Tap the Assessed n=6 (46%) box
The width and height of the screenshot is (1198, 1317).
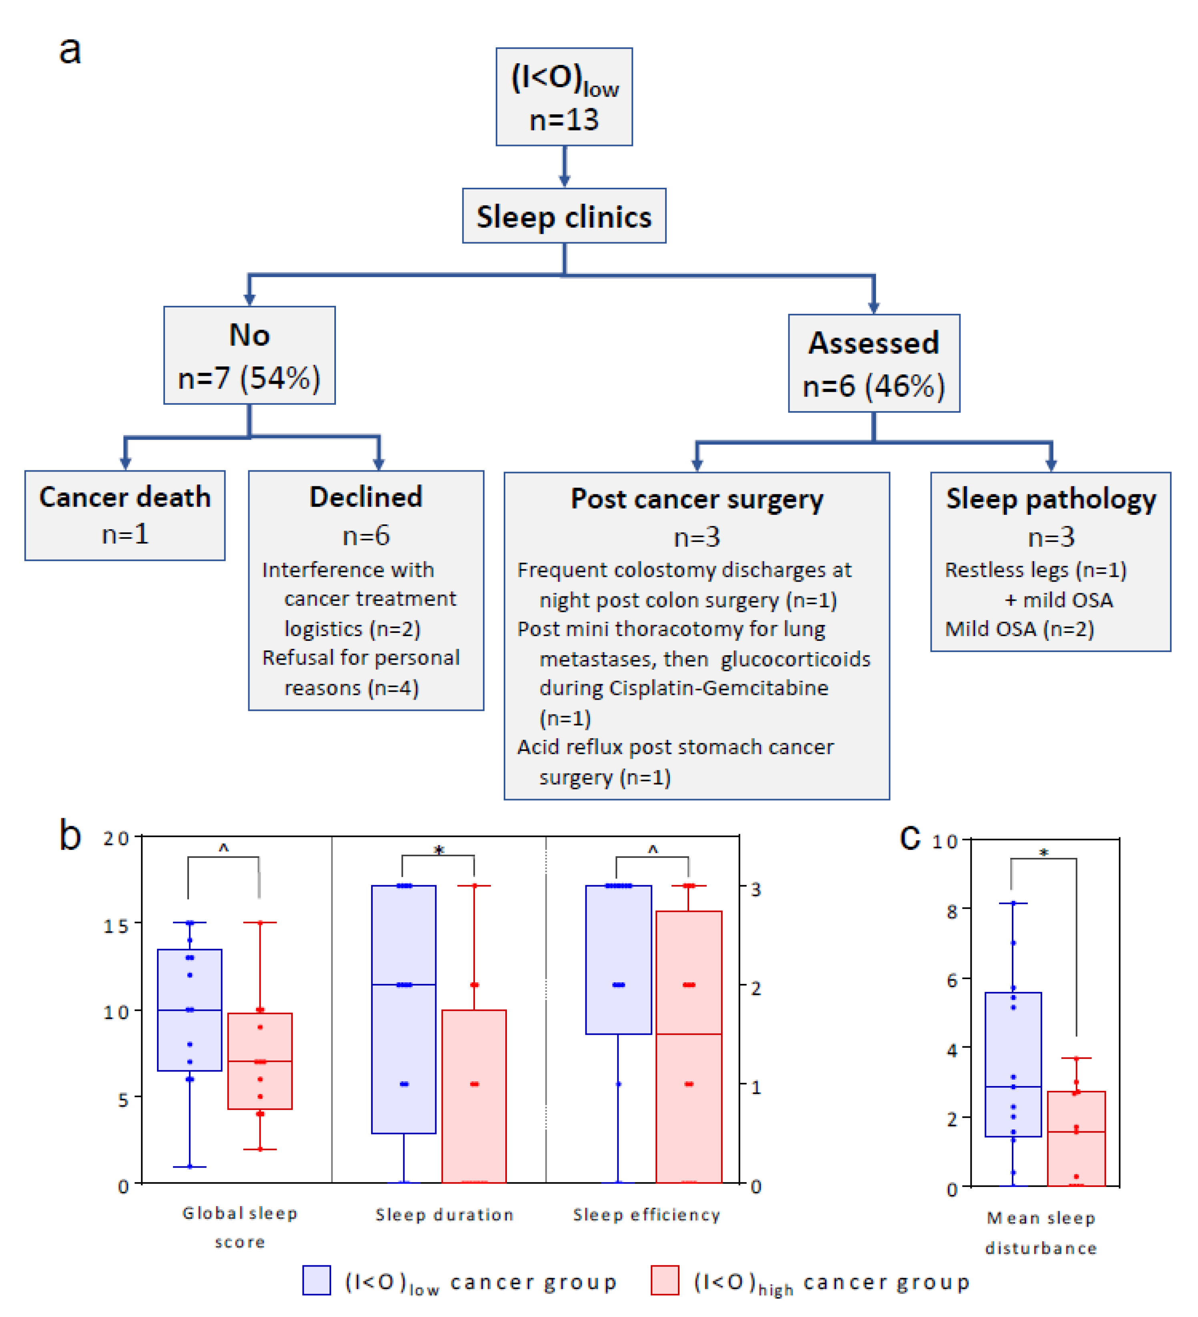pyautogui.click(x=873, y=363)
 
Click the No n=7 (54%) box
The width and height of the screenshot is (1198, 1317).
pyautogui.click(x=249, y=355)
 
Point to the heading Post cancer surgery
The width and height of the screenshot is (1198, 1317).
pyautogui.click(x=697, y=499)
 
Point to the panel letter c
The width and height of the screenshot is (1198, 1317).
pyautogui.click(x=909, y=837)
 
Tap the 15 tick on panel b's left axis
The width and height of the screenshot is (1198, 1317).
pyautogui.click(x=117, y=926)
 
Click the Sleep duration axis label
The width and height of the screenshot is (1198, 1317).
pyautogui.click(x=444, y=1215)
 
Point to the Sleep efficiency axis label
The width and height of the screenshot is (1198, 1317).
pyautogui.click(x=646, y=1215)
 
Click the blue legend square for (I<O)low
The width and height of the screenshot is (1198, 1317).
pyautogui.click(x=316, y=1281)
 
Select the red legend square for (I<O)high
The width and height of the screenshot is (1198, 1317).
pyautogui.click(x=665, y=1281)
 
